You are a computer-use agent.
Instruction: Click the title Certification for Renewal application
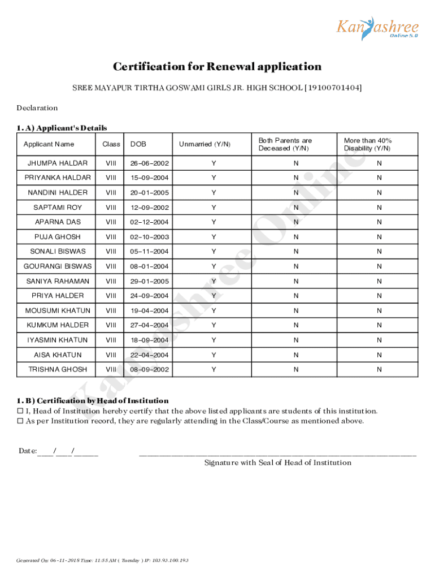217,67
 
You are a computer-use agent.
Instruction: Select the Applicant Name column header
49,144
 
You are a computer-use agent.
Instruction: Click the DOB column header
138,144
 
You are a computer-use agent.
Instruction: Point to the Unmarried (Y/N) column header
205,144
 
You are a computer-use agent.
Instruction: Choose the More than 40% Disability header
368,144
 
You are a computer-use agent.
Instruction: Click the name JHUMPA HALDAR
58,163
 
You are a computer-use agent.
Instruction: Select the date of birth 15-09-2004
150,178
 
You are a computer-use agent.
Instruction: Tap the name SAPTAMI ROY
58,208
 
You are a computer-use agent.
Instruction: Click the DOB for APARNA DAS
150,222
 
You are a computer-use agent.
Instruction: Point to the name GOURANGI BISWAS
58,266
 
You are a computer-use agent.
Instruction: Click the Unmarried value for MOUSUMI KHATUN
214,310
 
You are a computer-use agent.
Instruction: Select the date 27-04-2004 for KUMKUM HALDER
150,325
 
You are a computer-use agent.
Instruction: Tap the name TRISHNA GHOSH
58,369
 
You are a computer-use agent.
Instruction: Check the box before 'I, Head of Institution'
20,411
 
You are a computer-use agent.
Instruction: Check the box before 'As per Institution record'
20,421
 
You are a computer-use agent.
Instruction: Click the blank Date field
67,451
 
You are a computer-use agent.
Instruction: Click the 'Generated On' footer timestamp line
102,560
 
